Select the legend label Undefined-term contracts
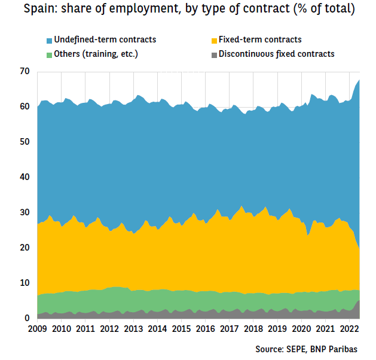(105, 40)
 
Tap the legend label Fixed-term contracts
(260, 40)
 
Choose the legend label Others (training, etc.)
(96, 54)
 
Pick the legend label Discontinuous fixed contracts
(276, 54)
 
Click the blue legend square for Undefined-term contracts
(49, 41)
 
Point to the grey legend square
(213, 54)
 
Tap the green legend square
(49, 54)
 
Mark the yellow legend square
(213, 41)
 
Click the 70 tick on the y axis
(25, 72)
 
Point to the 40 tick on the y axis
(25, 177)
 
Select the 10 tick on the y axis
(25, 283)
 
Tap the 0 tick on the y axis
(27, 318)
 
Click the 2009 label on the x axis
(37, 330)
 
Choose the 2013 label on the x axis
(133, 330)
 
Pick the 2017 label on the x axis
(229, 330)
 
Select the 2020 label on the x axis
(301, 330)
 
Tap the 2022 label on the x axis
(349, 330)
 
